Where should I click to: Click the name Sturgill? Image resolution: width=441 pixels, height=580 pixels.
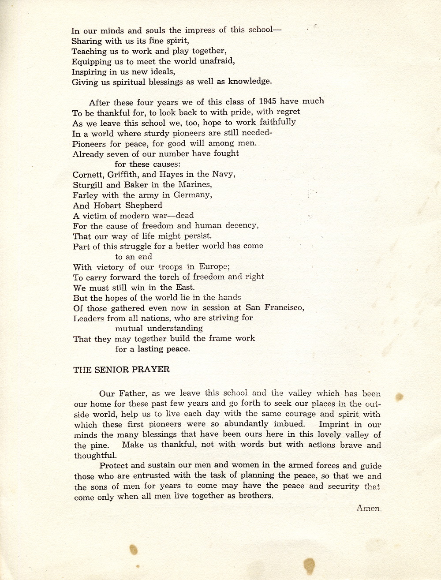[x=88, y=185]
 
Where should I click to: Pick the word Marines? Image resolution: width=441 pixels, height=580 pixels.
[x=194, y=184]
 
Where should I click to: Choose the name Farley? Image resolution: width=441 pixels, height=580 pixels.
[x=85, y=195]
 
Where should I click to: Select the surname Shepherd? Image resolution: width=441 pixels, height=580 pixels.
[x=144, y=205]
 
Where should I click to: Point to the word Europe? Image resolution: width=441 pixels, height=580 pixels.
[x=214, y=267]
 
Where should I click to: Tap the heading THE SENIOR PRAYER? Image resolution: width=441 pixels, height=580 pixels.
[x=121, y=370]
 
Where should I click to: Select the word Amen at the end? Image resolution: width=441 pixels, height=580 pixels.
[x=368, y=508]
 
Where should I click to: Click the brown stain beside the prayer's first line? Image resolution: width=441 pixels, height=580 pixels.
[x=399, y=397]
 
